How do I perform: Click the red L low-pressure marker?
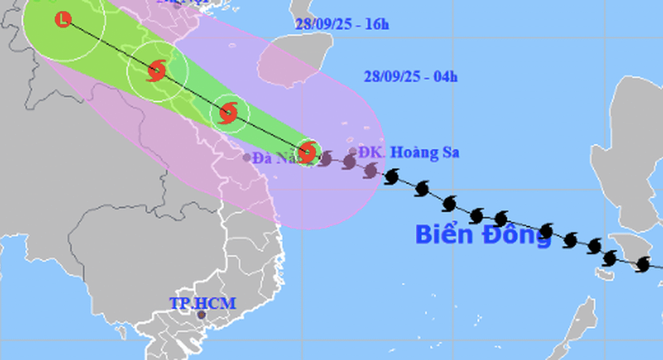click(x=63, y=19)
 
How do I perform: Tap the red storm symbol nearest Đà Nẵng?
click(x=307, y=152)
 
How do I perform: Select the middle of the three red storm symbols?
click(x=229, y=112)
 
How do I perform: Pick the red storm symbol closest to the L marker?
click(x=156, y=71)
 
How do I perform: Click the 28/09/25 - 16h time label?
click(x=342, y=24)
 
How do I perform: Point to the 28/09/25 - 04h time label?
click(x=410, y=77)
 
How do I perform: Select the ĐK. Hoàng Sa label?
click(x=409, y=153)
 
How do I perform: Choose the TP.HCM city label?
click(x=202, y=303)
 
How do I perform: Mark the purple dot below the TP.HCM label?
click(x=201, y=314)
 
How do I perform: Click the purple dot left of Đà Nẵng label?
click(x=246, y=157)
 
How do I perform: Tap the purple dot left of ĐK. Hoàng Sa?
click(x=353, y=151)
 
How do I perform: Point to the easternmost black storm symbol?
click(x=644, y=264)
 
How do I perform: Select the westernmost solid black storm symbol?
click(x=392, y=177)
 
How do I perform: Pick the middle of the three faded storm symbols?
click(x=349, y=162)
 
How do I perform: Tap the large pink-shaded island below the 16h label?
click(x=294, y=60)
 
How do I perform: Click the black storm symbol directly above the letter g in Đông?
click(x=546, y=231)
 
